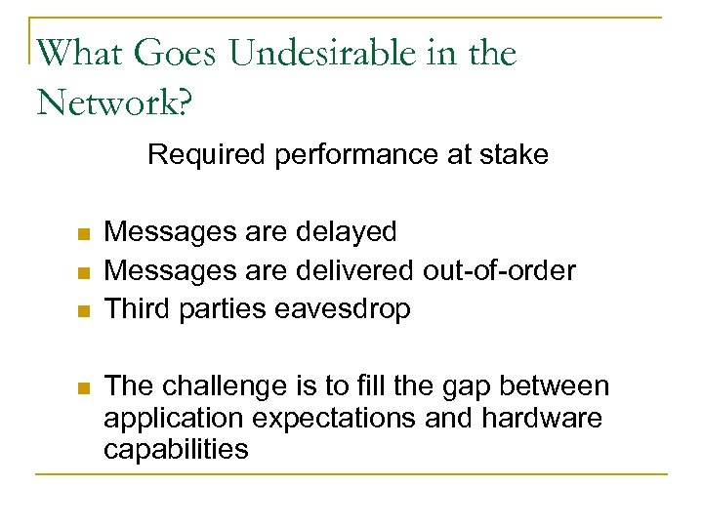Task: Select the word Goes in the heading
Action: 176,54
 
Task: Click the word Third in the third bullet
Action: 137,308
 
